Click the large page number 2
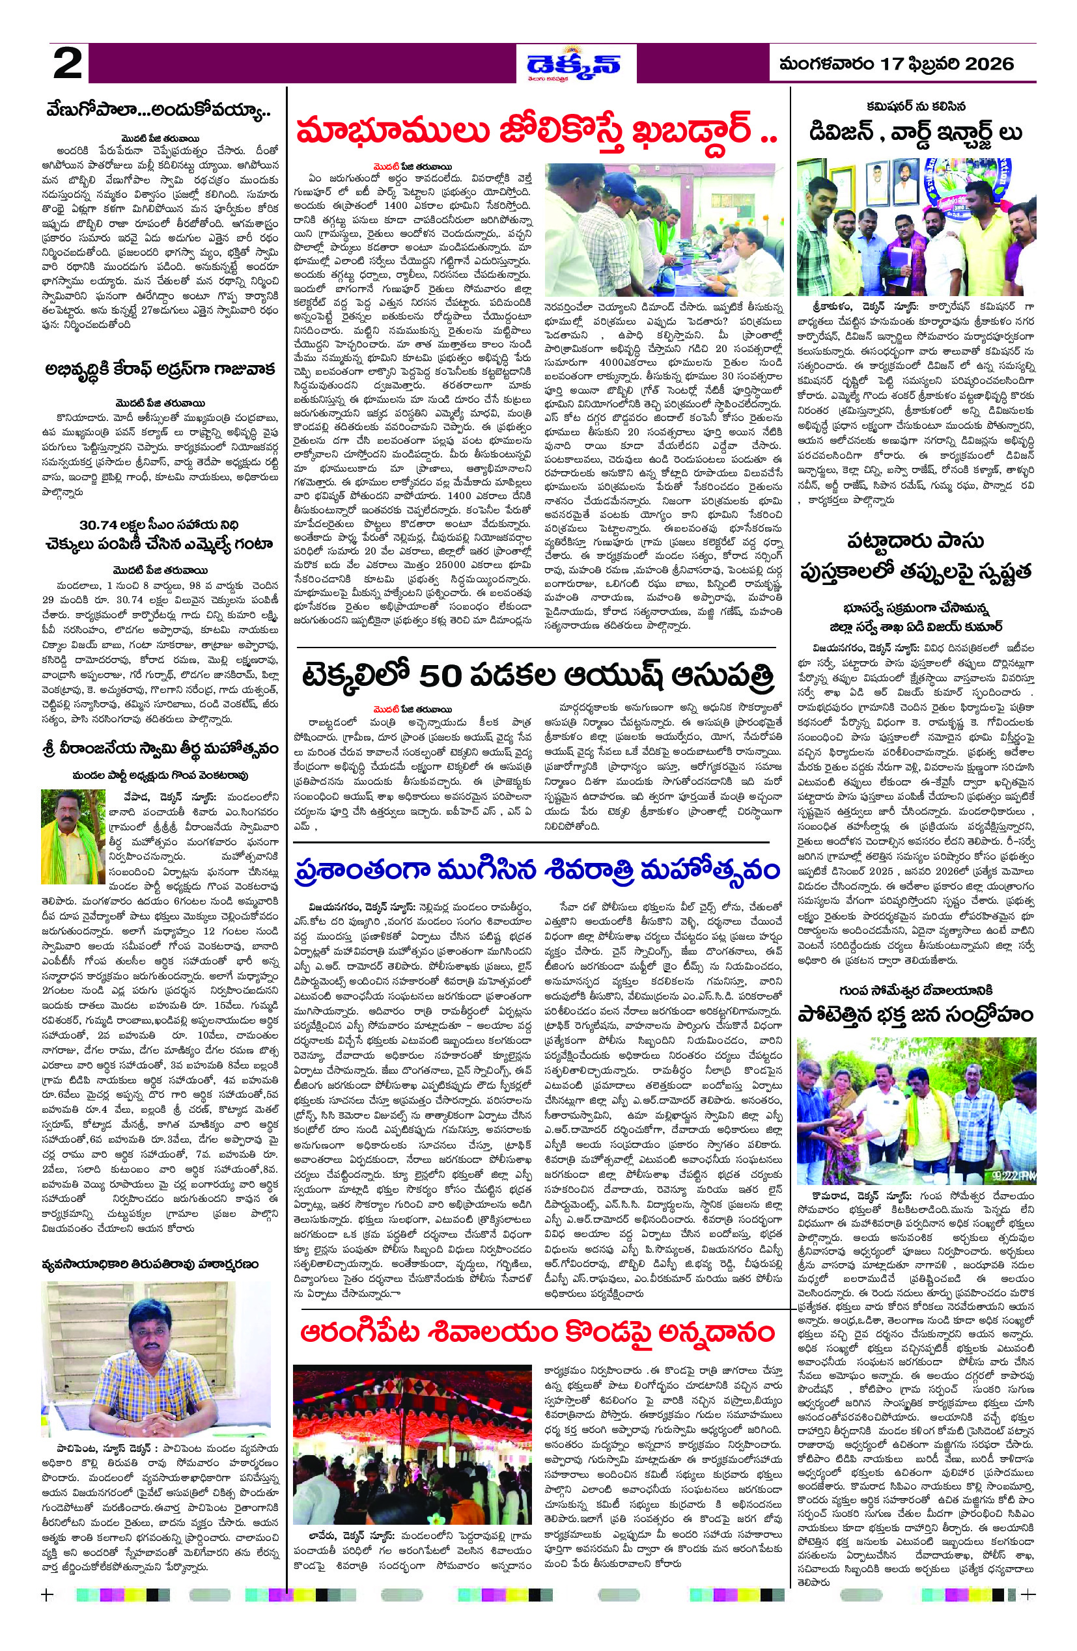(x=67, y=64)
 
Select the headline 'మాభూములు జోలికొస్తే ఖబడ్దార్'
(x=535, y=130)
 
